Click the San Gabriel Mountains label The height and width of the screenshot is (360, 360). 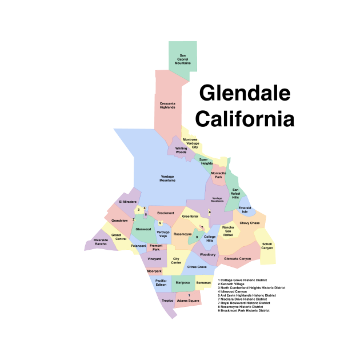tap(183, 59)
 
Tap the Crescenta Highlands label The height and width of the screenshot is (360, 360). tap(167, 106)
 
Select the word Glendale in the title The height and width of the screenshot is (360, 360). tap(245, 93)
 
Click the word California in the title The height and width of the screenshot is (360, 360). tap(245, 119)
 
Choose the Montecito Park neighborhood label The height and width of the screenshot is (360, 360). tap(218, 175)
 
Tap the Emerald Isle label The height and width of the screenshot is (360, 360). tap(245, 210)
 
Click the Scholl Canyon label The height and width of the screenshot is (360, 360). tap(267, 246)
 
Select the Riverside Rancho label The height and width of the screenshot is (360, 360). tap(101, 242)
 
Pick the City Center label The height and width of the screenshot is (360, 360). tap(177, 261)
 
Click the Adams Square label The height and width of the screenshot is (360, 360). tap(189, 301)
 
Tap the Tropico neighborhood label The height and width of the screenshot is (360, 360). tap(167, 301)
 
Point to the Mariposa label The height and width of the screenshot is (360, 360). tap(183, 282)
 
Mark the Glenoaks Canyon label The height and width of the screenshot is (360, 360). tap(238, 259)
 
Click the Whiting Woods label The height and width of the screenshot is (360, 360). tap(181, 150)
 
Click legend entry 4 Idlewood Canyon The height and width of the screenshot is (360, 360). tap(237, 291)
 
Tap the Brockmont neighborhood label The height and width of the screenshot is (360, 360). tap(165, 213)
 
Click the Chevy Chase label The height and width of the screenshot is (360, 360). tap(249, 223)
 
